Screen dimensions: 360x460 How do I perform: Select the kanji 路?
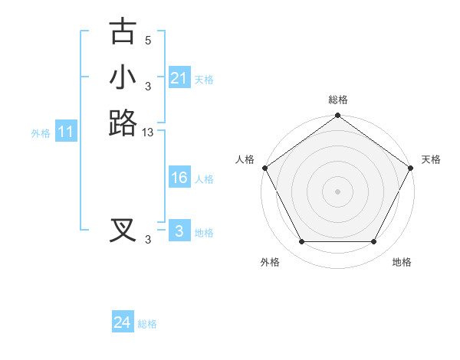pyautogui.click(x=123, y=123)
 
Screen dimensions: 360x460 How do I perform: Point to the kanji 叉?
pyautogui.click(x=123, y=230)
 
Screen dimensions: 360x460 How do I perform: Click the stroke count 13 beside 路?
pyautogui.click(x=148, y=133)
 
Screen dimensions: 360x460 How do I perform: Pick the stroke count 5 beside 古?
pyautogui.click(x=148, y=41)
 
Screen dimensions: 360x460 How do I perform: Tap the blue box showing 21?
pyautogui.click(x=179, y=78)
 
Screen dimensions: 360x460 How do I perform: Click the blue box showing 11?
pyautogui.click(x=66, y=133)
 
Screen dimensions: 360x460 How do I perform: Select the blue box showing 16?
pyautogui.click(x=179, y=178)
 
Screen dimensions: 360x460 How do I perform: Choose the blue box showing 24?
pyautogui.click(x=122, y=323)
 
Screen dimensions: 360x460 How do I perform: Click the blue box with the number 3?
pyautogui.click(x=179, y=231)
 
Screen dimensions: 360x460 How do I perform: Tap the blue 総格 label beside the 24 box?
pyautogui.click(x=147, y=324)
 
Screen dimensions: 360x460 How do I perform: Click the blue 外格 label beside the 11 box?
pyautogui.click(x=41, y=133)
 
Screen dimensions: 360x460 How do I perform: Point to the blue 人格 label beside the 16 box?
pyautogui.click(x=204, y=179)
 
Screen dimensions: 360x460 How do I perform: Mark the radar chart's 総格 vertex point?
pyautogui.click(x=337, y=116)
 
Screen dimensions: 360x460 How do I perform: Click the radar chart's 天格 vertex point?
pyautogui.click(x=411, y=168)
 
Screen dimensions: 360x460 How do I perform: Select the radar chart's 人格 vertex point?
pyautogui.click(x=264, y=168)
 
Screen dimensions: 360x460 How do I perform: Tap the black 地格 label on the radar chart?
pyautogui.click(x=402, y=263)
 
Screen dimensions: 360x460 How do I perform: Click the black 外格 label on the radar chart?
pyautogui.click(x=270, y=263)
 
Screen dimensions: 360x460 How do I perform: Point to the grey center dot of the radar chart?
pyautogui.click(x=337, y=191)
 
